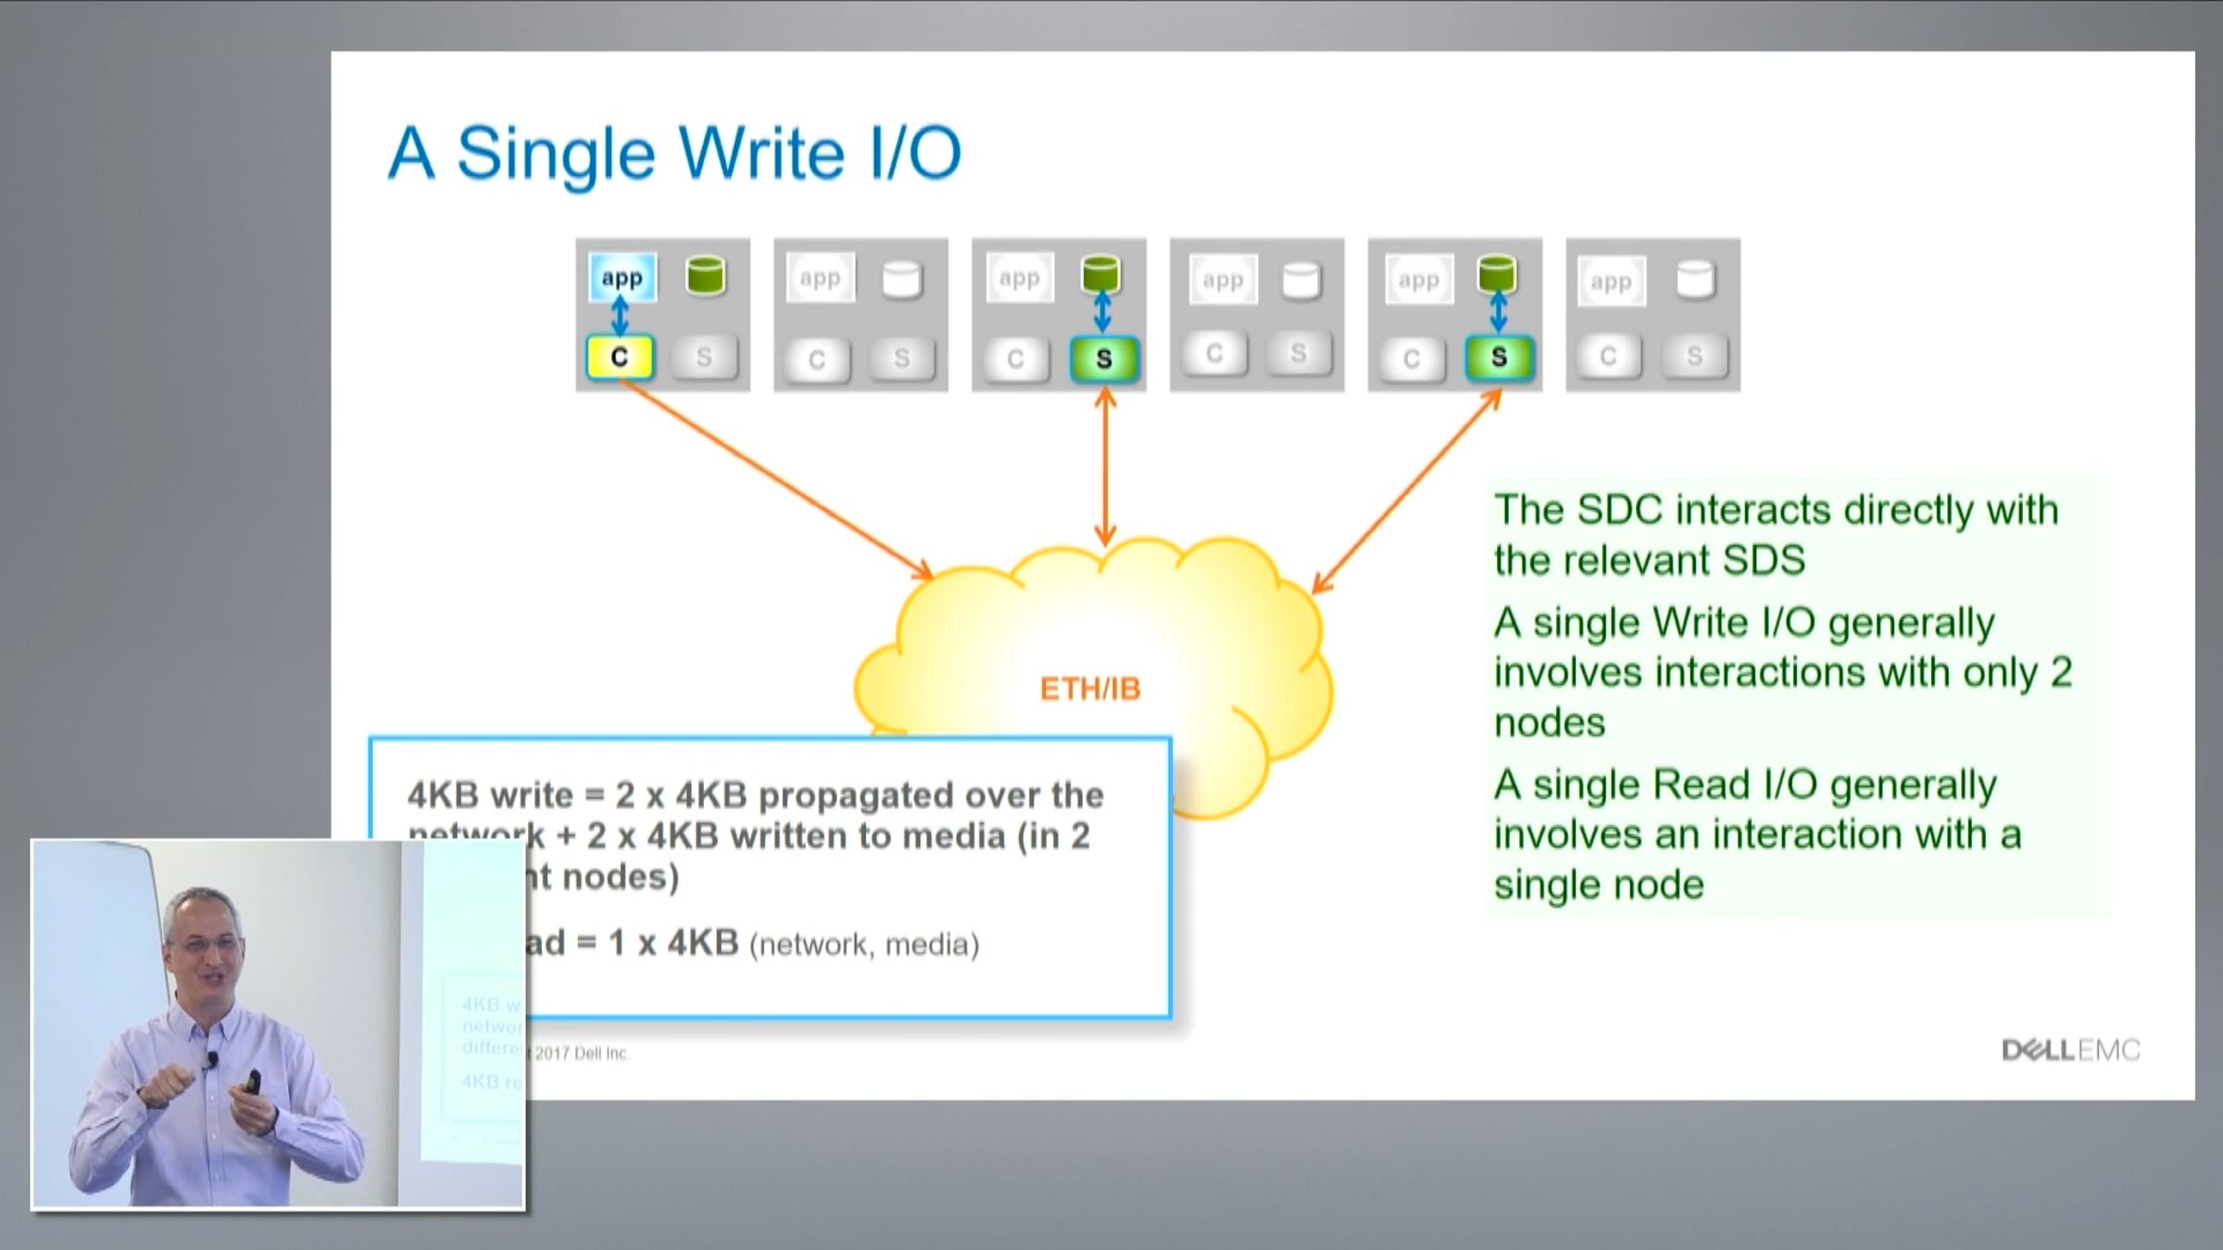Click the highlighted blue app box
pos(622,277)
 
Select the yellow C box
pos(620,357)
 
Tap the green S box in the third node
pos(1103,359)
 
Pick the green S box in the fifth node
pos(1499,357)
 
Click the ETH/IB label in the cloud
pos(1090,689)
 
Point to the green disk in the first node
pos(706,276)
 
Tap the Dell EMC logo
pos(2071,1050)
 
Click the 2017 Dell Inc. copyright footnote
pos(582,1054)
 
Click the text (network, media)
pos(863,945)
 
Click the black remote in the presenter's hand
pos(254,1080)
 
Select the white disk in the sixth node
pos(1695,279)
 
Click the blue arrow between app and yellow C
pos(621,317)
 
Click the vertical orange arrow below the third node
pos(1104,468)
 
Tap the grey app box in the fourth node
pos(1223,280)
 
